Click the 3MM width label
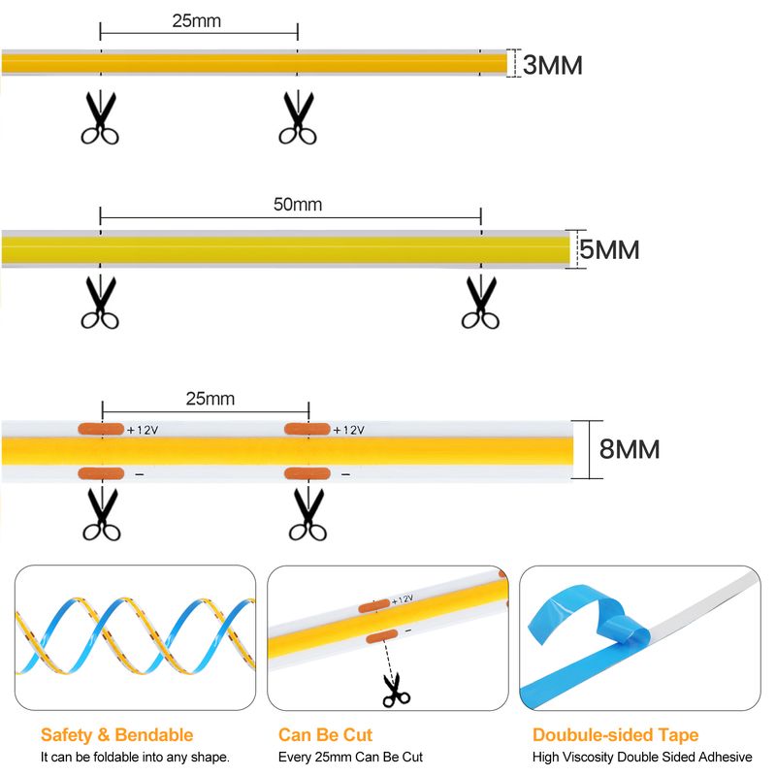553,65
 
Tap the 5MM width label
609,249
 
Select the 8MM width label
630,449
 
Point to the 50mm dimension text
298,205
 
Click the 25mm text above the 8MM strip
210,399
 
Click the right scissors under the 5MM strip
481,303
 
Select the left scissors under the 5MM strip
101,303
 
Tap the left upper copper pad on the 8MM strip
101,429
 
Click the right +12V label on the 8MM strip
348,430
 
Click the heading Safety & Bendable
116,735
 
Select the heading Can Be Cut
325,735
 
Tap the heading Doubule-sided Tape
615,735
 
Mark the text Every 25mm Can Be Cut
350,757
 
